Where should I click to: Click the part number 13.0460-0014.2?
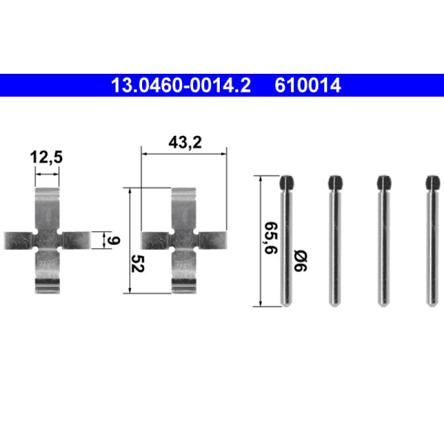click(181, 85)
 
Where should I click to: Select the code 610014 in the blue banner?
click(307, 85)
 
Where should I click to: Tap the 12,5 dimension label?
click(46, 157)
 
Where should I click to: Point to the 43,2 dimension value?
click(185, 142)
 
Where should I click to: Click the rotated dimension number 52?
click(138, 264)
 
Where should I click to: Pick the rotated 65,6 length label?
click(271, 238)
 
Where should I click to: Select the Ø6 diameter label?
click(300, 261)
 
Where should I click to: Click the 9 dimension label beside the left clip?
click(114, 240)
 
